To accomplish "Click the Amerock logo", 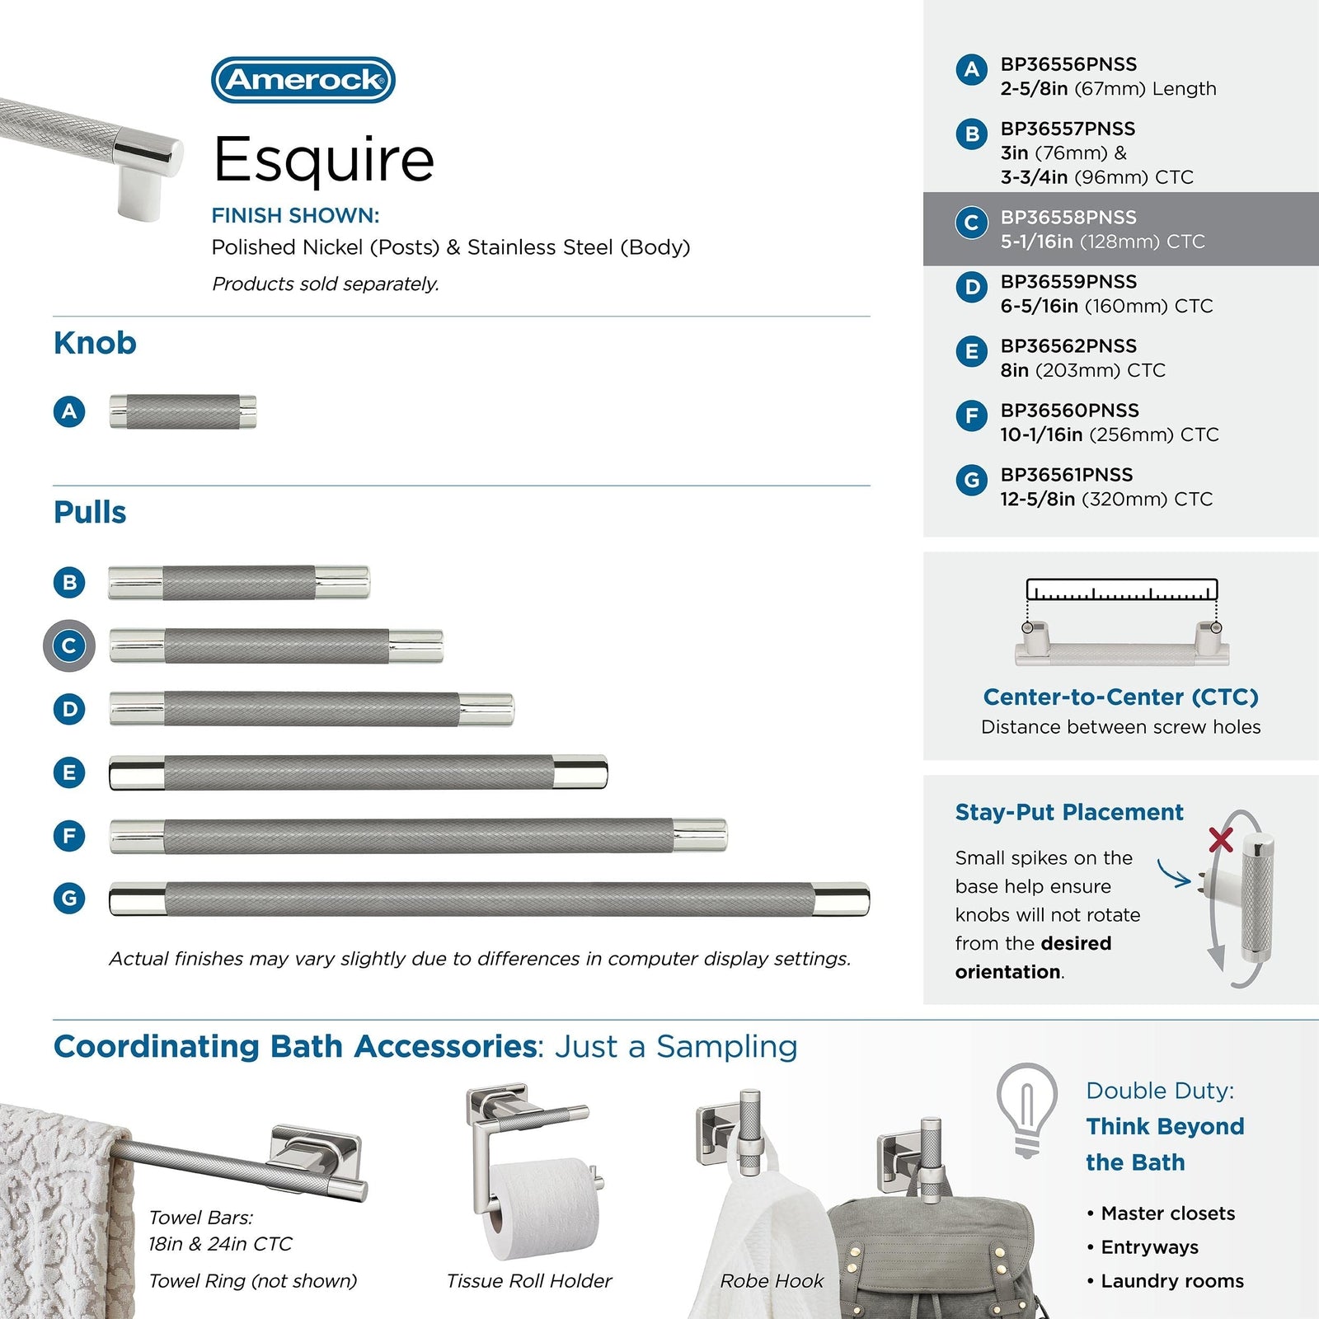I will pyautogui.click(x=303, y=80).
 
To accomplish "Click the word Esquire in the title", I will pyautogui.click(x=324, y=159).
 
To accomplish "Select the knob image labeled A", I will pyautogui.click(x=183, y=411).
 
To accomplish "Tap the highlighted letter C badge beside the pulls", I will pyautogui.click(x=69, y=645).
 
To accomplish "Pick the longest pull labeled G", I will pyautogui.click(x=490, y=899).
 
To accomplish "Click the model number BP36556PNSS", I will pyautogui.click(x=1068, y=64).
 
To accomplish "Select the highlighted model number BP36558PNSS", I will pyautogui.click(x=1068, y=218).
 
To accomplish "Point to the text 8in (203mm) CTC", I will pyautogui.click(x=1082, y=370).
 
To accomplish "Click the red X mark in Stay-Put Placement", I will pyautogui.click(x=1221, y=840).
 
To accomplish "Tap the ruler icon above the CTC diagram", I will pyautogui.click(x=1122, y=590).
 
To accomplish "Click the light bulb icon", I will pyautogui.click(x=1026, y=1109).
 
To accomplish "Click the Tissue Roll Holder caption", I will pyautogui.click(x=529, y=1280).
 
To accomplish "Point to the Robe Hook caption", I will pyautogui.click(x=772, y=1280).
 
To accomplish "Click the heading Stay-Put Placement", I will pyautogui.click(x=1069, y=812).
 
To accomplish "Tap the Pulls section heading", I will pyautogui.click(x=90, y=512).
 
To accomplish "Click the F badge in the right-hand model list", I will pyautogui.click(x=972, y=415).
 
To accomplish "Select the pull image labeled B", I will pyautogui.click(x=239, y=582).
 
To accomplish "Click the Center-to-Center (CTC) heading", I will pyautogui.click(x=1120, y=697).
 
